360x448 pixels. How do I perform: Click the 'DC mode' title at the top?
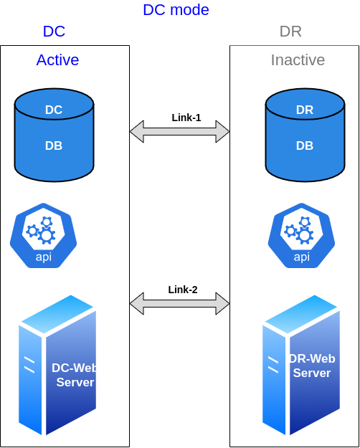point(176,10)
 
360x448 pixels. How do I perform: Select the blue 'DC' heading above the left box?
point(54,31)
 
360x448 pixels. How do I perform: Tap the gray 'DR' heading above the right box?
point(290,31)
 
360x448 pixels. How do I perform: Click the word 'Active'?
point(57,60)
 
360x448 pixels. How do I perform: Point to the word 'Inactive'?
point(298,60)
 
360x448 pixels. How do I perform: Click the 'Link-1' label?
point(186,118)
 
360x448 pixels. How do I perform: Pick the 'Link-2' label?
point(183,290)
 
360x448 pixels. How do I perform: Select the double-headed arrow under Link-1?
point(179,131)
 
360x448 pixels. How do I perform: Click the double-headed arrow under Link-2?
point(179,303)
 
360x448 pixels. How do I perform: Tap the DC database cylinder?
point(54,135)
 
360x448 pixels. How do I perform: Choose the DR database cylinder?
point(305,135)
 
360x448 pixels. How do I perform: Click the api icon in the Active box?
point(44,235)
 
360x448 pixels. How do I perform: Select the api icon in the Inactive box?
point(301,235)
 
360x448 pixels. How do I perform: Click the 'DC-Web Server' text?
point(75,375)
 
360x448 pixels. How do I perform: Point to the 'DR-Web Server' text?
point(312,366)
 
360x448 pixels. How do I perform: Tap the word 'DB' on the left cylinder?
point(54,146)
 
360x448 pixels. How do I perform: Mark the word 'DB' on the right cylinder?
point(305,146)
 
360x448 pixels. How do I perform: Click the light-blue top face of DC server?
point(57,314)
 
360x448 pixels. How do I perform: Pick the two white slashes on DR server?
point(273,365)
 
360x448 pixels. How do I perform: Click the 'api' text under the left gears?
point(44,257)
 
